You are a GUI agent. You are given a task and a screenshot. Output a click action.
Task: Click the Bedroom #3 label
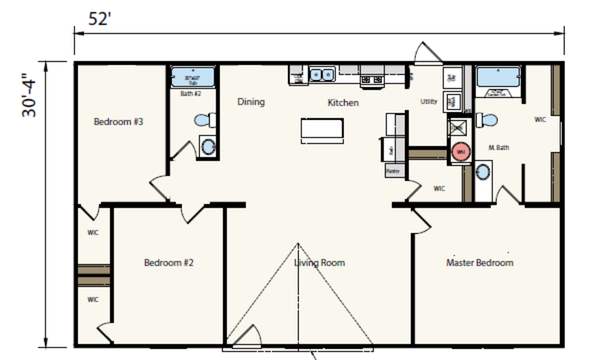[x=118, y=121]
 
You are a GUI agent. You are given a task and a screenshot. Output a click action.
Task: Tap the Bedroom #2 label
[x=169, y=262]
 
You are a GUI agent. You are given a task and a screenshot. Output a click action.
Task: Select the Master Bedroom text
[x=479, y=263]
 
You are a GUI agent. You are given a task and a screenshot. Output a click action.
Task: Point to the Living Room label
[x=320, y=263]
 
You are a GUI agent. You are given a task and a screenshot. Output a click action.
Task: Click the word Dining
[x=251, y=102]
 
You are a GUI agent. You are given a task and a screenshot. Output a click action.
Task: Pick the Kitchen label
[x=343, y=103]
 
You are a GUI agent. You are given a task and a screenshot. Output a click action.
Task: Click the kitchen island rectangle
[x=322, y=130]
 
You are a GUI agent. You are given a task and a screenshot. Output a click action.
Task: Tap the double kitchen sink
[x=322, y=74]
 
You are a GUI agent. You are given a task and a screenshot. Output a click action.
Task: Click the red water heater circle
[x=460, y=151]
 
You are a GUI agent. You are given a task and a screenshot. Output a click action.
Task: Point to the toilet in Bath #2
[x=205, y=119]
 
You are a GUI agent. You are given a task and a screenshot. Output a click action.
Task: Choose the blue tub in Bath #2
[x=192, y=77]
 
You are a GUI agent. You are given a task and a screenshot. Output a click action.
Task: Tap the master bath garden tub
[x=498, y=78]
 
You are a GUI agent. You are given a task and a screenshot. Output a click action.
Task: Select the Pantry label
[x=392, y=170]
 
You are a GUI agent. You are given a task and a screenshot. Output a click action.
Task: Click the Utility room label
[x=428, y=102]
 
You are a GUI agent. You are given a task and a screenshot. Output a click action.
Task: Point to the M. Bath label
[x=499, y=148]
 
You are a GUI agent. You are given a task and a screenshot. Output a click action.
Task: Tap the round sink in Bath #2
[x=208, y=147]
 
